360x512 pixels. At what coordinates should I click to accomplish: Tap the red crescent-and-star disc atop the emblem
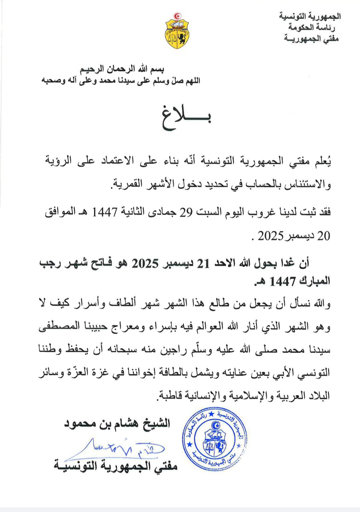[x=177, y=16]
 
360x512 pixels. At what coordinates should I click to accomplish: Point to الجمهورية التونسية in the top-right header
[x=310, y=16]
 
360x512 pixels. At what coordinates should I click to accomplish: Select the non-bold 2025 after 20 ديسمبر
[x=270, y=236]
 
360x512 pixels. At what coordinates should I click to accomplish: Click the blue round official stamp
[x=214, y=439]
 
